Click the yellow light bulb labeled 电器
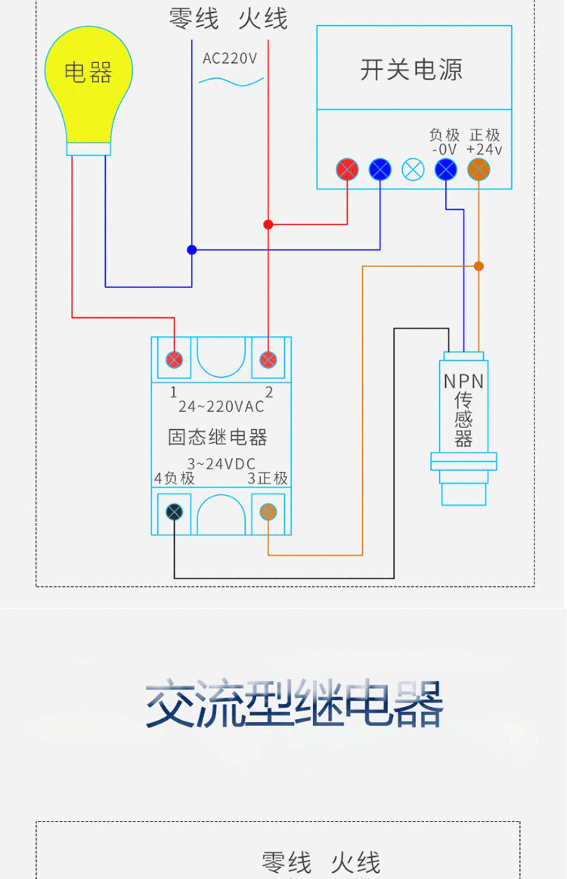pyautogui.click(x=88, y=87)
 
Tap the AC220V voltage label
pyautogui.click(x=230, y=59)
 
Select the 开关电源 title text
pyautogui.click(x=411, y=70)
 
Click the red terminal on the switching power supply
pyautogui.click(x=347, y=169)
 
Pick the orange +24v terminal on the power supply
pyautogui.click(x=478, y=169)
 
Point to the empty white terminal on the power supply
pyautogui.click(x=413, y=169)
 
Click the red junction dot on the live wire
pyautogui.click(x=268, y=224)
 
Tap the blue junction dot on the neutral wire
pyautogui.click(x=192, y=250)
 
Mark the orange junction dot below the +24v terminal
pyautogui.click(x=479, y=266)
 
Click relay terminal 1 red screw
pyautogui.click(x=174, y=360)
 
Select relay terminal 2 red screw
pyautogui.click(x=268, y=360)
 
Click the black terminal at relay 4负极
pyautogui.click(x=174, y=512)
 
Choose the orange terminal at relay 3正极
pyautogui.click(x=268, y=512)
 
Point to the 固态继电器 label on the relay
pyautogui.click(x=218, y=437)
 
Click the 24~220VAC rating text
pyautogui.click(x=221, y=407)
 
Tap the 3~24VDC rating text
pyautogui.click(x=221, y=464)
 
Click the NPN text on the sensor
pyautogui.click(x=464, y=381)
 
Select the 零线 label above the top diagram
pyautogui.click(x=194, y=19)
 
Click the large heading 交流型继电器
pyautogui.click(x=294, y=704)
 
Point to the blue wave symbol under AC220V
pyautogui.click(x=231, y=81)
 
